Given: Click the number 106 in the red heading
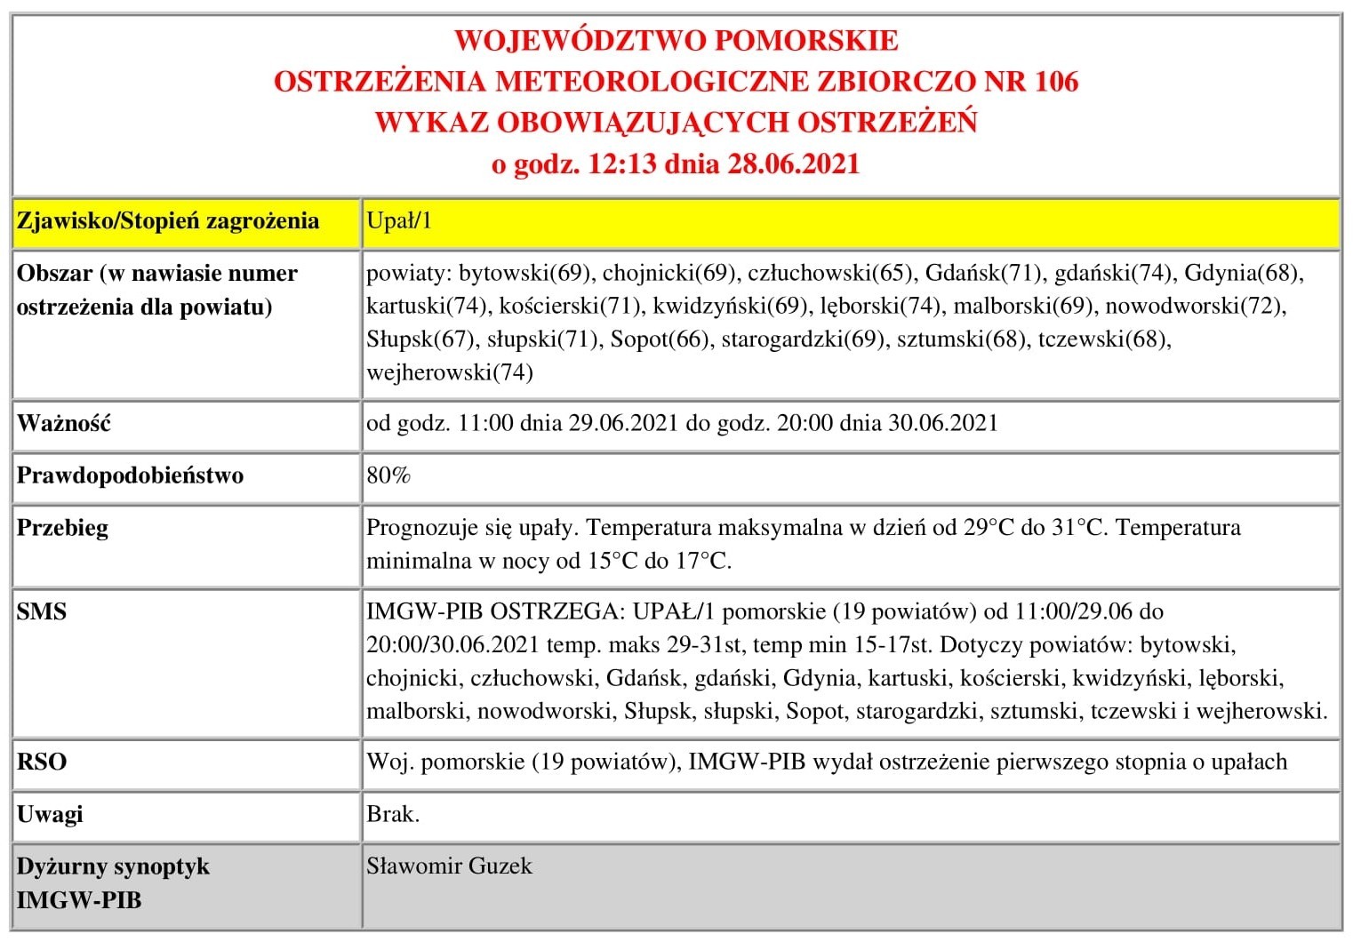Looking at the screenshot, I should (x=1056, y=82).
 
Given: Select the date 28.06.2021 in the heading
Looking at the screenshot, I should (x=794, y=164).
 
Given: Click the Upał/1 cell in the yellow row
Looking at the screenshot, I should (x=399, y=221).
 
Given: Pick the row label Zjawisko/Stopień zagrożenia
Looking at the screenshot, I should (x=168, y=221).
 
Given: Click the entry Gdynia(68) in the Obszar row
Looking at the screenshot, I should (x=1243, y=273).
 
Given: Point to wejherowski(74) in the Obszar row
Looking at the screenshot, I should (x=450, y=372).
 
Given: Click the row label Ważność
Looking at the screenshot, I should (x=64, y=424).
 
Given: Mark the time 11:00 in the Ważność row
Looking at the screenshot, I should (x=485, y=424).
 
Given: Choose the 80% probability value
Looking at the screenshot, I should (x=388, y=475).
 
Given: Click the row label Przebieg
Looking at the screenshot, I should (x=63, y=528).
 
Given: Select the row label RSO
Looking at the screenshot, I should (x=42, y=762).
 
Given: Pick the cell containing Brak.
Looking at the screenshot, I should (x=393, y=814).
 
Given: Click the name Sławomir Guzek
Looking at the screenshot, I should (x=450, y=866).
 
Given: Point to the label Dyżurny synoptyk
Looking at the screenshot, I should (x=114, y=866).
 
